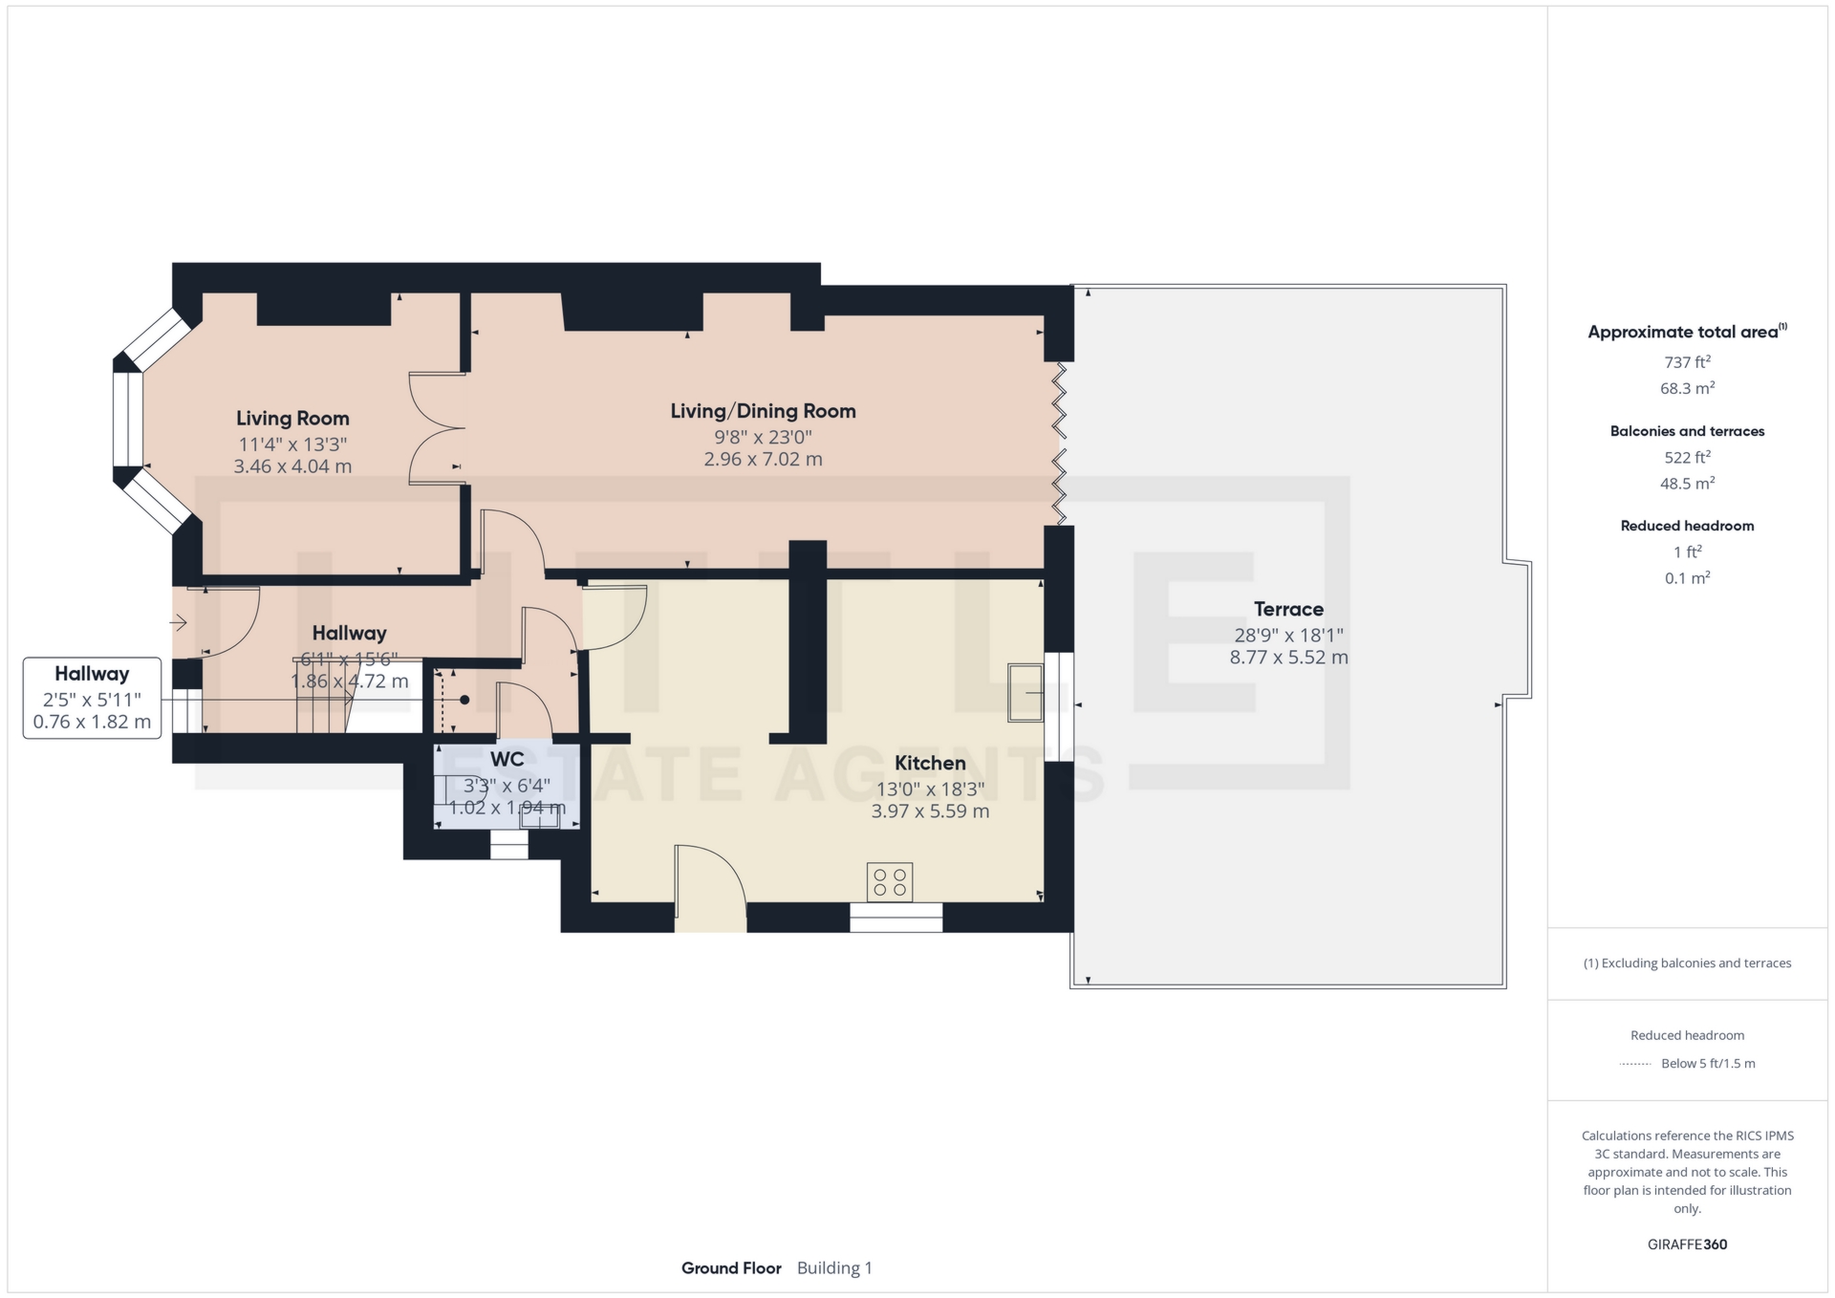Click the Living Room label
(x=292, y=418)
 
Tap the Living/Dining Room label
(x=763, y=411)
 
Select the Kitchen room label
(x=930, y=763)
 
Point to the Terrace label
(x=1288, y=609)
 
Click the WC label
(x=507, y=759)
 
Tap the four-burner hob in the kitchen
(x=890, y=882)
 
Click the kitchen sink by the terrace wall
(x=1025, y=691)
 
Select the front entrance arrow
(x=179, y=623)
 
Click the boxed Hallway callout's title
(x=92, y=673)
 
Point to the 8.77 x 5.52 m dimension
(x=1288, y=658)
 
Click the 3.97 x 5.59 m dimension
(x=930, y=811)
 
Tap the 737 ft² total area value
(x=1687, y=362)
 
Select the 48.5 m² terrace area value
(x=1687, y=484)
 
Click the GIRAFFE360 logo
(x=1687, y=1244)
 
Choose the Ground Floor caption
(x=731, y=1268)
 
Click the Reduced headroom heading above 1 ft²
(x=1687, y=526)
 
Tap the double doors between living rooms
(x=438, y=428)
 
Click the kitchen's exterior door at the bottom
(x=710, y=888)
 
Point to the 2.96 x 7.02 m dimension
(x=763, y=459)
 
